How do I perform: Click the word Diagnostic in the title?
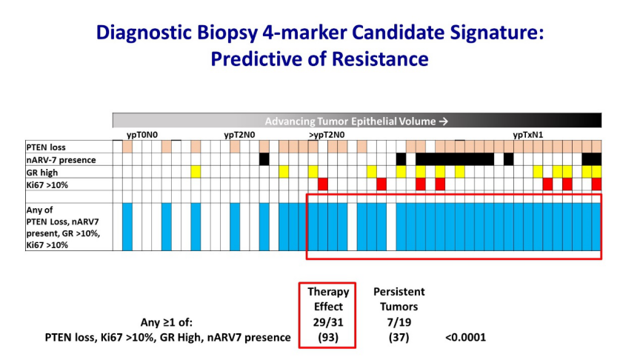(x=144, y=33)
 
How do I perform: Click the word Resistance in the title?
(x=379, y=59)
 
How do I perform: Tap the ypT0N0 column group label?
(x=142, y=135)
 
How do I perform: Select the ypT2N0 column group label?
(x=239, y=135)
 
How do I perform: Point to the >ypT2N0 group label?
(x=327, y=135)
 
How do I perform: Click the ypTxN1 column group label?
(x=527, y=135)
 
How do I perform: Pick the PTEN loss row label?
(x=46, y=147)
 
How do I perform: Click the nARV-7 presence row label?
(x=61, y=160)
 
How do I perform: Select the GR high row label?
(x=42, y=173)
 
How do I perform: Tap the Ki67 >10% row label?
(x=47, y=185)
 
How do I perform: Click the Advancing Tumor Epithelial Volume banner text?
(x=350, y=121)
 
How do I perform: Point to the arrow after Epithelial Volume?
(x=444, y=121)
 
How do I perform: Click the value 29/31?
(x=327, y=322)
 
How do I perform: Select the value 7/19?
(x=399, y=322)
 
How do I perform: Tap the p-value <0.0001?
(x=465, y=338)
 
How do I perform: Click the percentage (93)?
(x=327, y=338)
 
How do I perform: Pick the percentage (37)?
(x=399, y=338)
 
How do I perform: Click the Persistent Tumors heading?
(x=399, y=299)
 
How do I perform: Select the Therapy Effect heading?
(x=328, y=299)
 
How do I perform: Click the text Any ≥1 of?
(x=167, y=322)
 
